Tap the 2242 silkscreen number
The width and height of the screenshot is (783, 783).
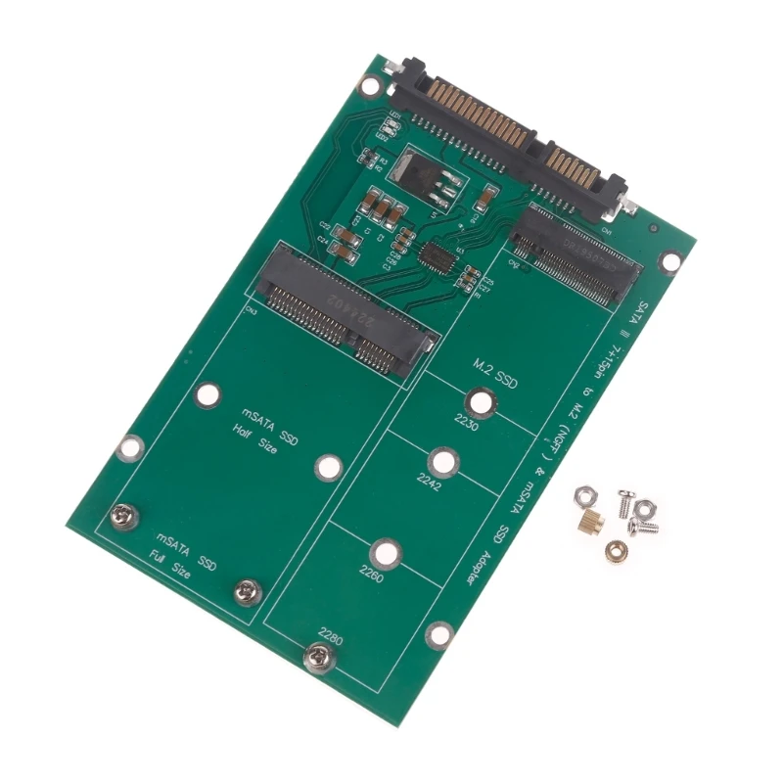pyautogui.click(x=428, y=486)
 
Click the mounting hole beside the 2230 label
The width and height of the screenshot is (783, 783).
pyautogui.click(x=479, y=402)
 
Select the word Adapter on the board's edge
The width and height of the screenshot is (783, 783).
pyautogui.click(x=480, y=561)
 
